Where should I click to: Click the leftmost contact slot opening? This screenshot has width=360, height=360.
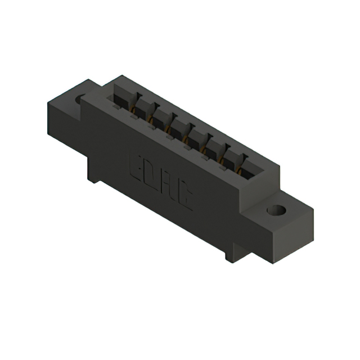click(120, 97)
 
